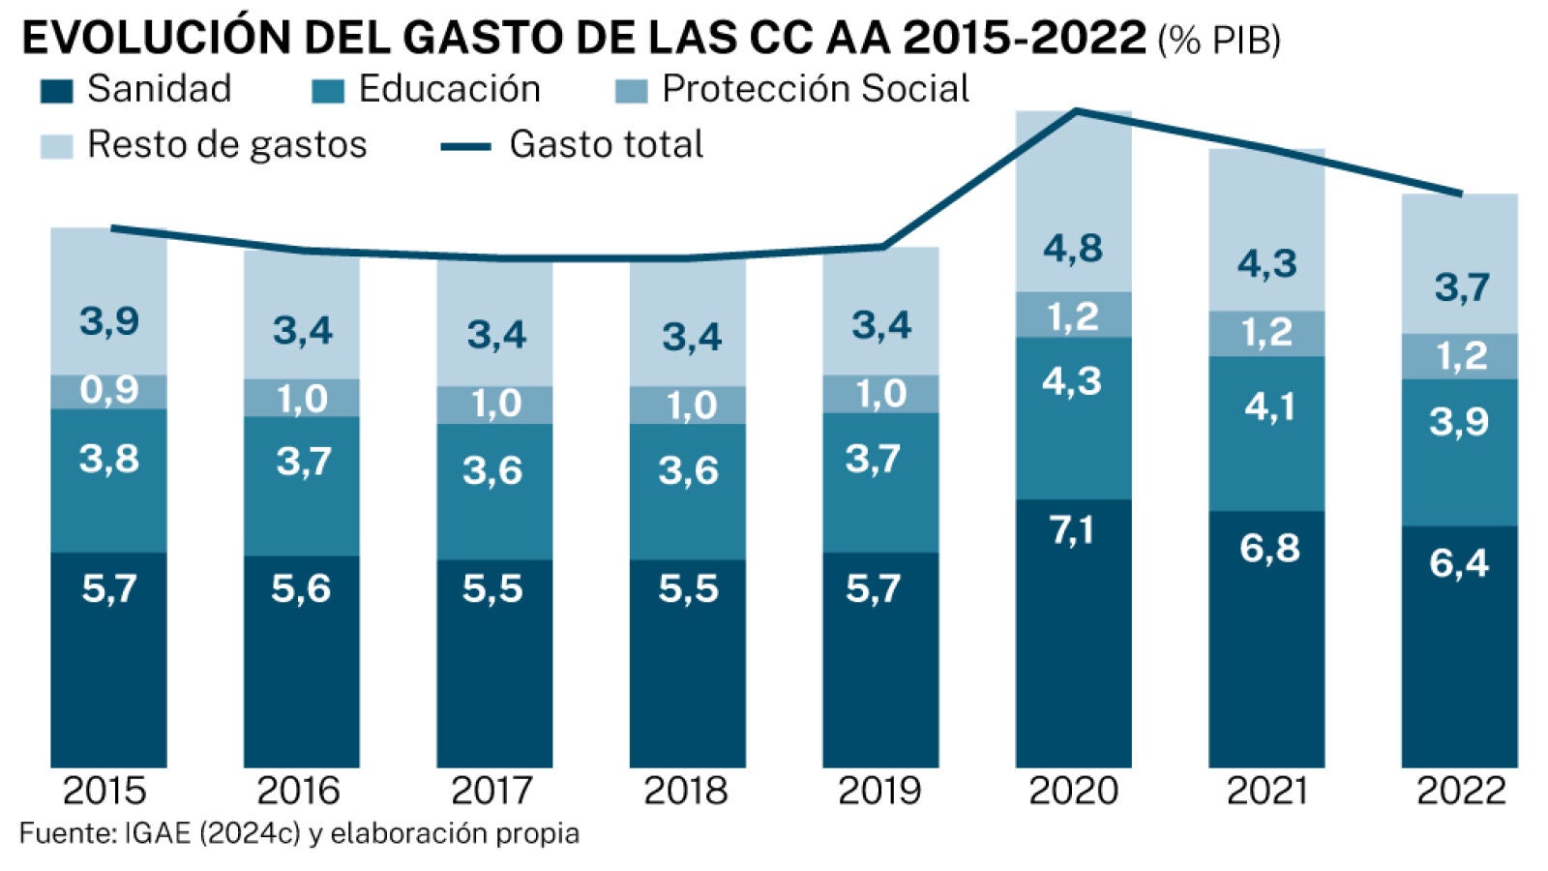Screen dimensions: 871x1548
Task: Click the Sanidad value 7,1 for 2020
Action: pos(1072,530)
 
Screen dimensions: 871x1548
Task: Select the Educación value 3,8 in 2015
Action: pos(108,459)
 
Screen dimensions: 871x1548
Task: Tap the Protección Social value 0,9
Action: pos(108,390)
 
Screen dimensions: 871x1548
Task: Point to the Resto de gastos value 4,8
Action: pos(1072,249)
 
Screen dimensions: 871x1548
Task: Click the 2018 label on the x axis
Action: pos(686,791)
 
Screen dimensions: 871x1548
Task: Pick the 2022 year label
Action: pos(1460,791)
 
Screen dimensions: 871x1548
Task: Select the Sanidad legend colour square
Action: pos(56,91)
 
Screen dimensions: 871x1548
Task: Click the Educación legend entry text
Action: pos(449,89)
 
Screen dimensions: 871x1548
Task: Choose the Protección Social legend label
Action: pos(815,89)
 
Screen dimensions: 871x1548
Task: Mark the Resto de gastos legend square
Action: pos(56,146)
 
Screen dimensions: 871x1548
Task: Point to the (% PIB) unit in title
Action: pos(1219,41)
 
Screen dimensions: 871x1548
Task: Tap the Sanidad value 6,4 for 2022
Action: pos(1459,562)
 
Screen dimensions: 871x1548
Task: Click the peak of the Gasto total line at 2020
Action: pos(1076,111)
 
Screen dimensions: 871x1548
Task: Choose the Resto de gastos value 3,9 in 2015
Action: pos(108,320)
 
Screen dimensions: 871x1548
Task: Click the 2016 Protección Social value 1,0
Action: pos(302,399)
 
